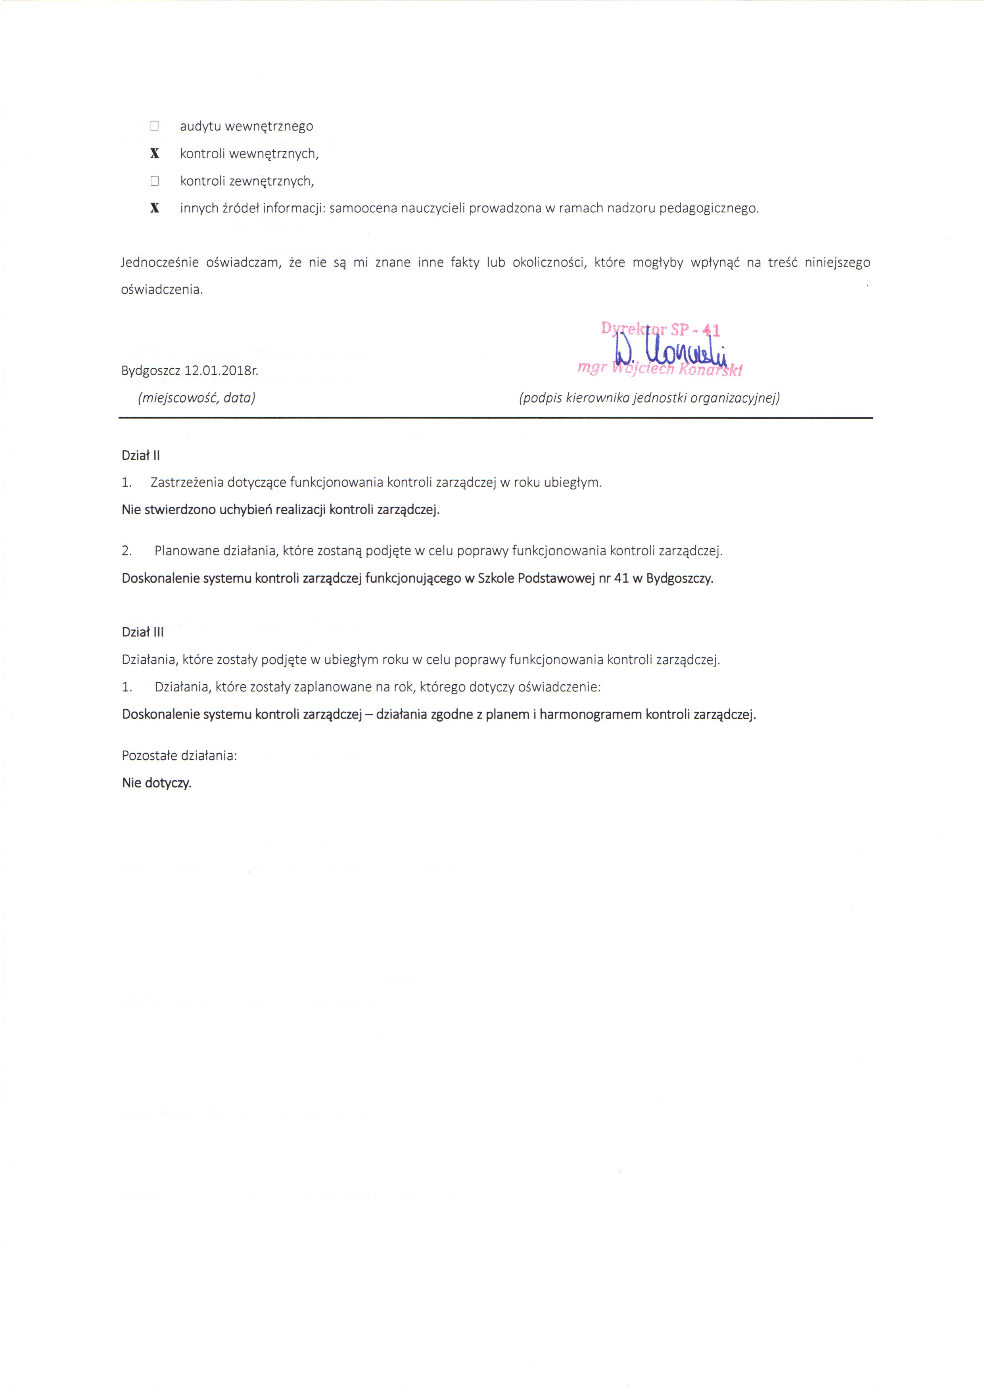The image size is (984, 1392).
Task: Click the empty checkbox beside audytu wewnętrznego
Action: (x=155, y=126)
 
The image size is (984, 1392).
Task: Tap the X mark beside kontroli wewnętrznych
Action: (x=155, y=154)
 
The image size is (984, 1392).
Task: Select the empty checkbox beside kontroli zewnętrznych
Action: (x=155, y=180)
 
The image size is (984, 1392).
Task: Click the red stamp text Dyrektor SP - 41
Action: (x=660, y=330)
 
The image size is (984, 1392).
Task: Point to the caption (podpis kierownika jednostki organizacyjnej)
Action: (x=649, y=398)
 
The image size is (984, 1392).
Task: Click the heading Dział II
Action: (x=141, y=455)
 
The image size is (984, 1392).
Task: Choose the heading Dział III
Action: (x=142, y=632)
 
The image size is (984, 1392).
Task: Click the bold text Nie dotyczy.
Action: (x=156, y=783)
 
